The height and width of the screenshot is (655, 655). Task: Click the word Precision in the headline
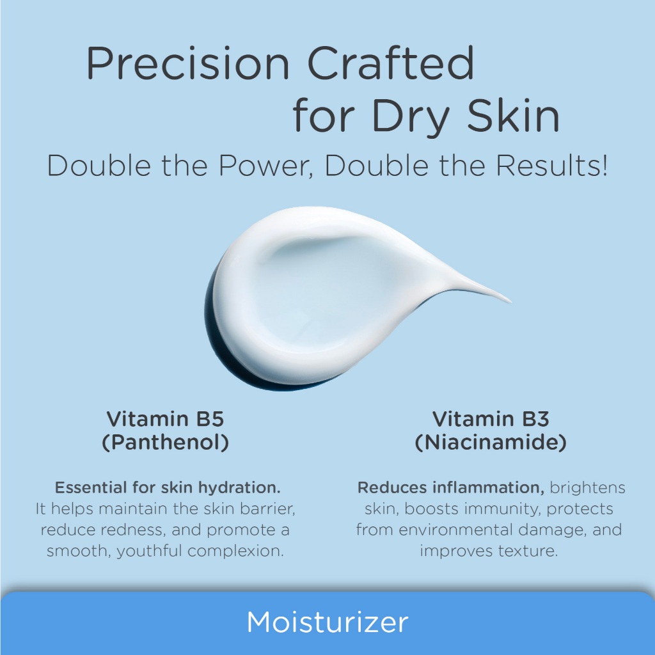click(x=187, y=63)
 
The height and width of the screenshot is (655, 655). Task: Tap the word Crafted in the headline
click(x=391, y=63)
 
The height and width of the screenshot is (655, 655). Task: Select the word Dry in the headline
click(x=410, y=118)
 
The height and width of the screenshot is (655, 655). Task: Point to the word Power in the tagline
click(x=265, y=166)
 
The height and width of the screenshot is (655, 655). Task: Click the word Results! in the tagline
click(x=551, y=166)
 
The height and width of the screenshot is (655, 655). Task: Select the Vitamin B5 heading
click(x=166, y=419)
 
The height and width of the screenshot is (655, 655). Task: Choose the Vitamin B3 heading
click(x=491, y=419)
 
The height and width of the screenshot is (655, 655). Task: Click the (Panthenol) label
click(x=166, y=443)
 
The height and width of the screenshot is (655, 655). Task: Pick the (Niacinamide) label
click(x=491, y=443)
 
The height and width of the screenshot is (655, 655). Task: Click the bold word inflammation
click(x=488, y=487)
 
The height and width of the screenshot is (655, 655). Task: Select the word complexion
click(x=235, y=551)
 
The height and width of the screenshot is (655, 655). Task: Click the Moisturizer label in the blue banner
click(x=327, y=622)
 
